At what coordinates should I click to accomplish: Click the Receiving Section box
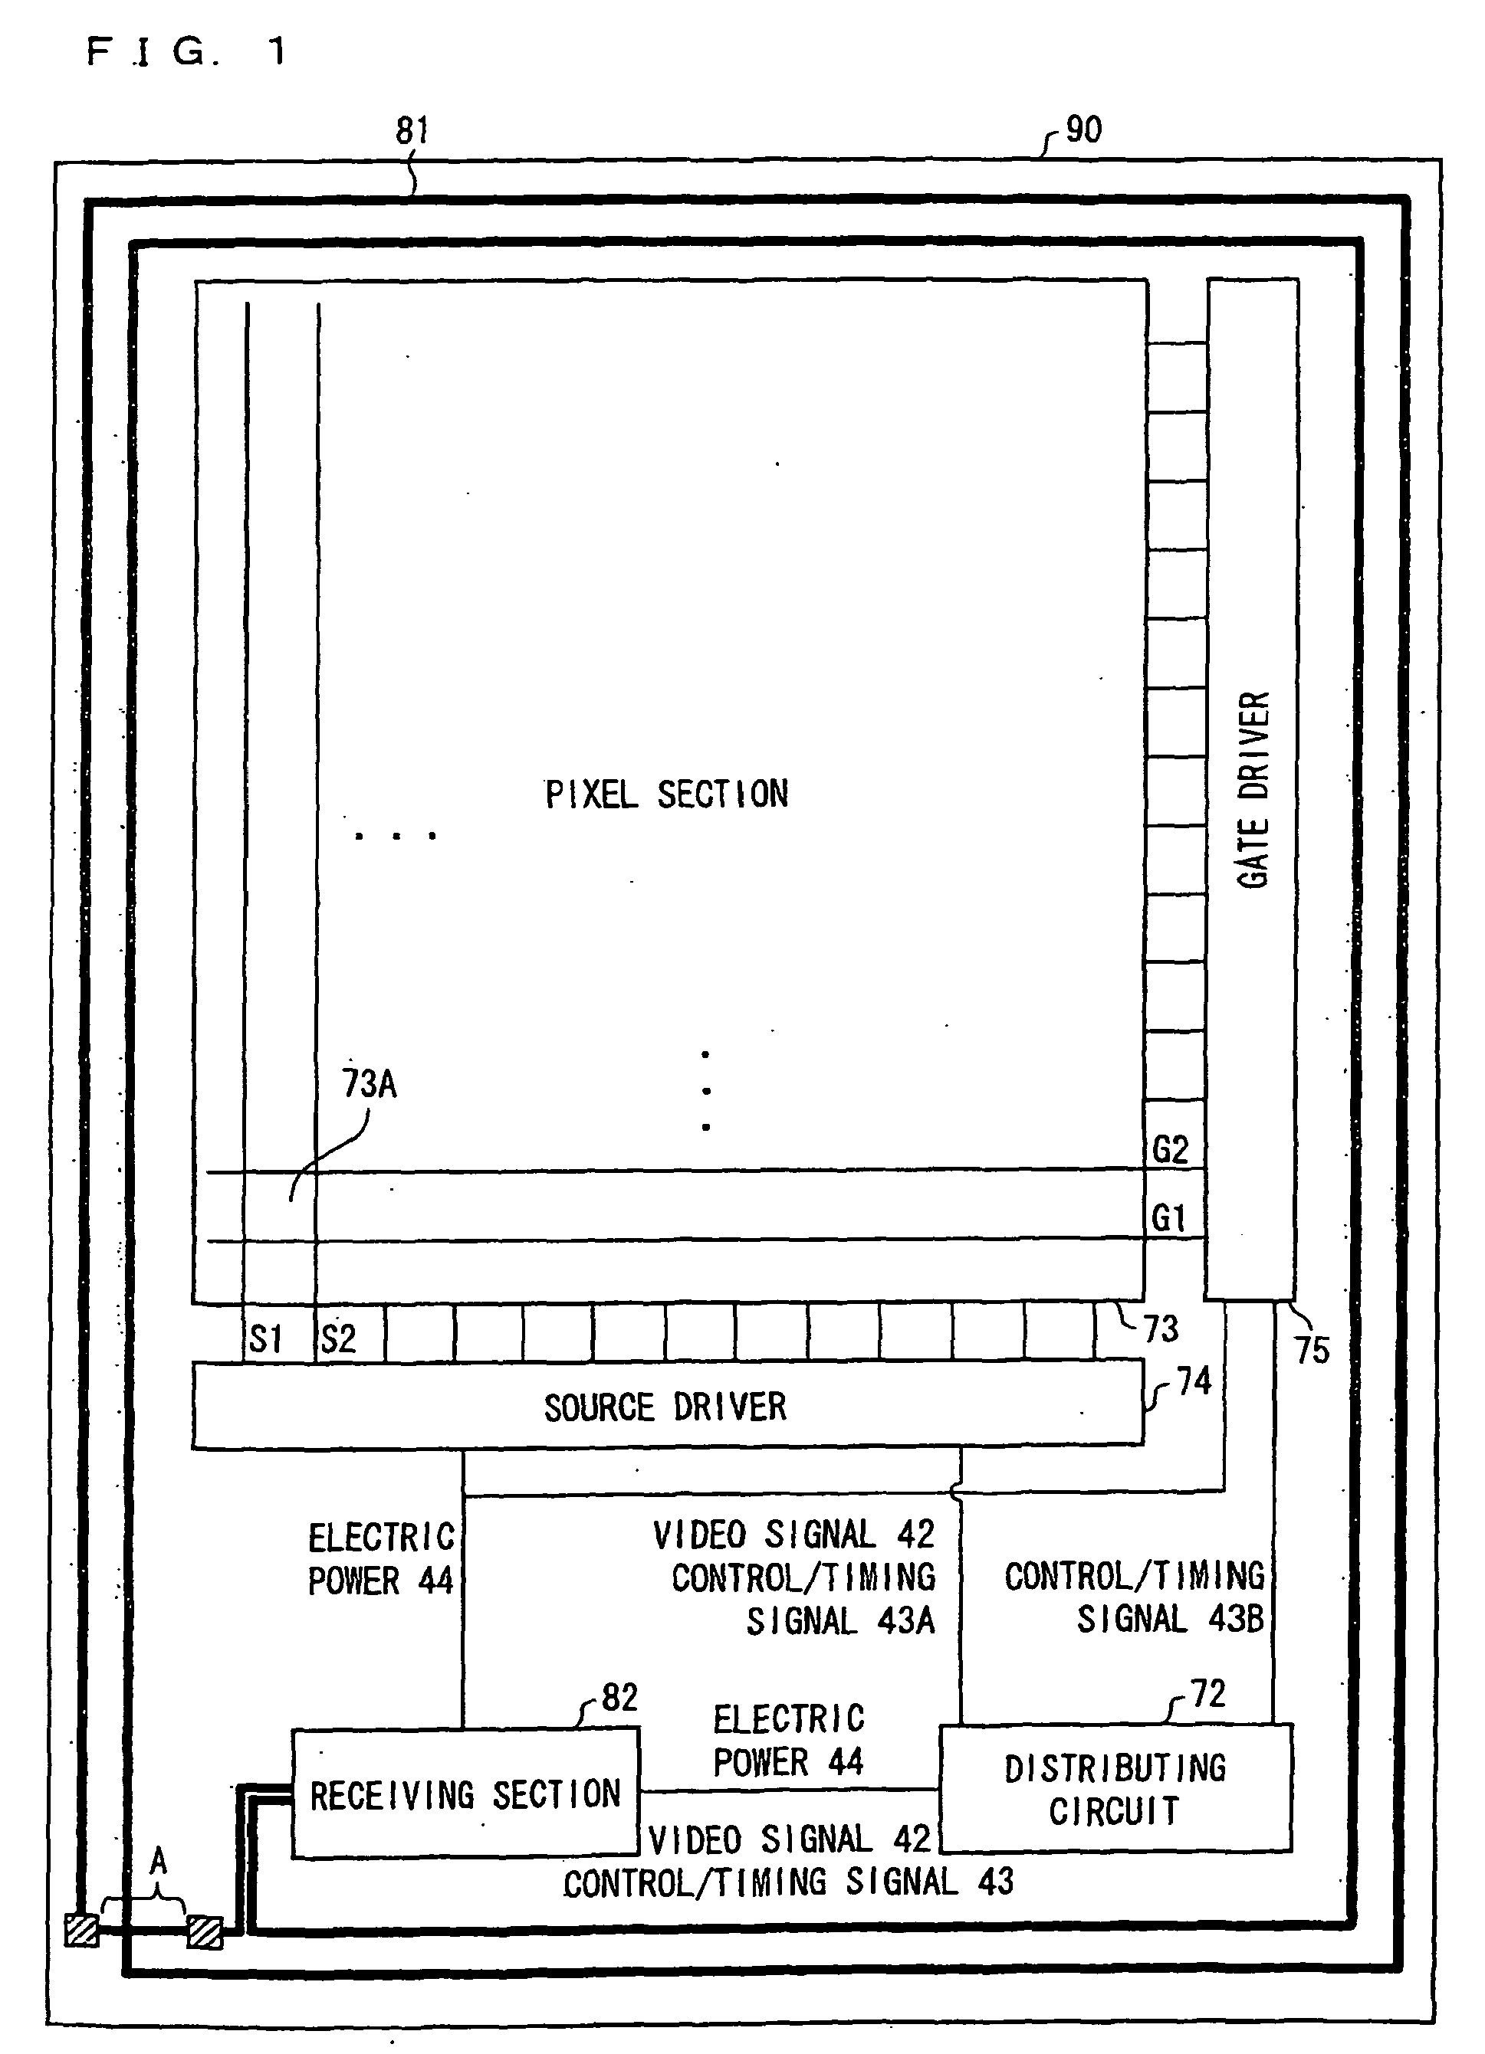point(465,1794)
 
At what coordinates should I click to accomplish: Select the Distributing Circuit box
point(1115,1790)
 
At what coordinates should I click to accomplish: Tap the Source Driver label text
point(665,1407)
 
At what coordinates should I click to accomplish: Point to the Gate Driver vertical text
point(1254,790)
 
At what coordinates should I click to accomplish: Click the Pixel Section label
point(666,794)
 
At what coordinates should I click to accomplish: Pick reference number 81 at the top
point(412,131)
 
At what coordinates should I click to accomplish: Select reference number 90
point(1083,130)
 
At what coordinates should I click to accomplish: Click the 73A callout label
point(370,1083)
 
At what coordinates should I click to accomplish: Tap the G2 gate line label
point(1170,1150)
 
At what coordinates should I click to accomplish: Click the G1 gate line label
point(1169,1218)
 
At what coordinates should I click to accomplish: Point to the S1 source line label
point(266,1338)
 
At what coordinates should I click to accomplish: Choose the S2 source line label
point(338,1338)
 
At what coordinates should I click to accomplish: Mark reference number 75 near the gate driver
point(1312,1351)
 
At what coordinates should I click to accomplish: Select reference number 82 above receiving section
point(619,1697)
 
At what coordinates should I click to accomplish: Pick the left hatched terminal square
point(81,1930)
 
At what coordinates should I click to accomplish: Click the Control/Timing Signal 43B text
point(1135,1597)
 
